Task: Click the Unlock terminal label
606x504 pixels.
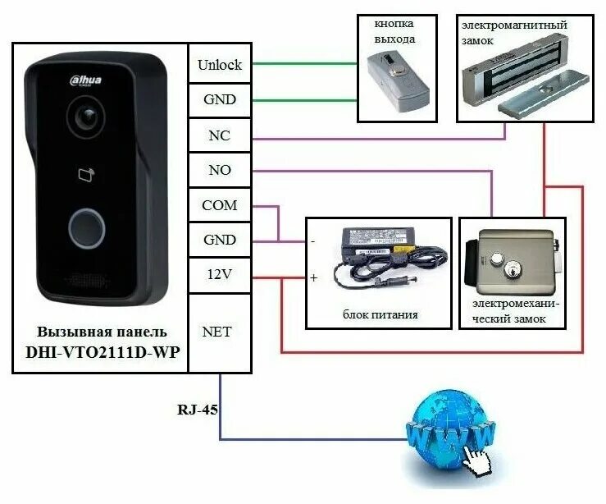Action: (219, 65)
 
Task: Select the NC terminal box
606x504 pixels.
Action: (219, 135)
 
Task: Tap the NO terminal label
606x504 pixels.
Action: (219, 171)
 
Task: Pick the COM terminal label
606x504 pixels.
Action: (219, 205)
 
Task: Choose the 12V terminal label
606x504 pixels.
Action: (219, 275)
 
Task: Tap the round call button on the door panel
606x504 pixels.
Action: (85, 227)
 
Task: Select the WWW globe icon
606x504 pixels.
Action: (450, 431)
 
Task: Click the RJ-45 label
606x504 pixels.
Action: (197, 409)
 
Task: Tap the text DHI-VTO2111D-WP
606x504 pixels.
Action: (103, 351)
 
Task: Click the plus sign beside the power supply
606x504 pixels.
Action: (313, 277)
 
